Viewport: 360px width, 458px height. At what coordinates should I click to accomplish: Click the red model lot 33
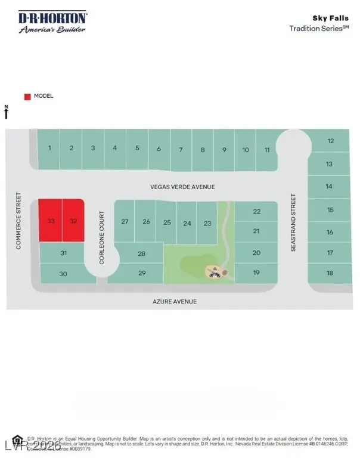(x=51, y=221)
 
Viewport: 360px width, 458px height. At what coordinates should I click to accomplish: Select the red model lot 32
(x=73, y=221)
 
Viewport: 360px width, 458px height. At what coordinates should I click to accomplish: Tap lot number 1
(x=50, y=148)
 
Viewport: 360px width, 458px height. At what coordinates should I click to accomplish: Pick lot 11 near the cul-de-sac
(x=267, y=150)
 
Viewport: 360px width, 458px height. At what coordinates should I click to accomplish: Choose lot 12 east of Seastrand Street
(x=330, y=141)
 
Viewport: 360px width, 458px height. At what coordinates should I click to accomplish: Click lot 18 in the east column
(x=330, y=273)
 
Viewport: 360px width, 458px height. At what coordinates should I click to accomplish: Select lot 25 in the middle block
(x=167, y=222)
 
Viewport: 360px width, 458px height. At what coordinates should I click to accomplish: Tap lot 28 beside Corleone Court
(x=142, y=253)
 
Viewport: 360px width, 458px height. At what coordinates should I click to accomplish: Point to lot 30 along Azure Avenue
(x=64, y=274)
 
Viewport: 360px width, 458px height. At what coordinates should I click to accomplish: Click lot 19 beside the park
(x=256, y=273)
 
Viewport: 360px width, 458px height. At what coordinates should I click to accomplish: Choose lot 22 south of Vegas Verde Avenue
(x=256, y=211)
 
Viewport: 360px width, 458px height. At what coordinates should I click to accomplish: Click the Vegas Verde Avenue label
(x=182, y=187)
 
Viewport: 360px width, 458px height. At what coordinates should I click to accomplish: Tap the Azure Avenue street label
(x=174, y=302)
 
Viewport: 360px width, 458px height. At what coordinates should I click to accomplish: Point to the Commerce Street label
(x=19, y=221)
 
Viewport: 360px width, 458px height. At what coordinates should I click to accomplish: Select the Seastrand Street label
(x=293, y=222)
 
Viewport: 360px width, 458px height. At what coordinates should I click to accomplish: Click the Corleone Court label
(x=102, y=237)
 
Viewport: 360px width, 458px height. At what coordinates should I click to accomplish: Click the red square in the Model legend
(x=27, y=97)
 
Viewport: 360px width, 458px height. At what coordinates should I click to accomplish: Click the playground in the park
(x=213, y=273)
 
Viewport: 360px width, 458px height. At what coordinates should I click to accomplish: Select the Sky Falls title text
(x=336, y=18)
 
